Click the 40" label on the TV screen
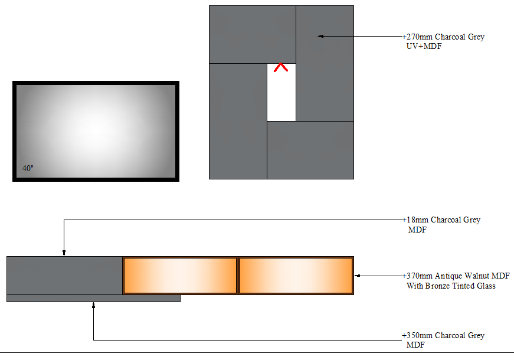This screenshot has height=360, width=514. pos(28,168)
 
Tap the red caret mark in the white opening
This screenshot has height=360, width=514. pos(281,67)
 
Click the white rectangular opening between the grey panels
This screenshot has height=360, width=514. pos(281,92)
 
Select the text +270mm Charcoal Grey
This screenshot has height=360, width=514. pos(444,37)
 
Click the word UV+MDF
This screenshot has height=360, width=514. pos(424,46)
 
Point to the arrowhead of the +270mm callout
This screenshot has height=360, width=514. pos(320,37)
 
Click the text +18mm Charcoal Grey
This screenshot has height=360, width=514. pos(441,220)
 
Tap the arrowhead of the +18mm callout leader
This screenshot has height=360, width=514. pos(64,253)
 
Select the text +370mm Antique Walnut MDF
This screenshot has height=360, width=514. pos(456,276)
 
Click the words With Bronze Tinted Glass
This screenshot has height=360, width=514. pos(451,286)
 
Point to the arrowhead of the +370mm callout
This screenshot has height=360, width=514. pos(358,276)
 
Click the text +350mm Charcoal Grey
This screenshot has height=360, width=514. pos(443,335)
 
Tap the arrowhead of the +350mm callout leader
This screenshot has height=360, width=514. pos(93,305)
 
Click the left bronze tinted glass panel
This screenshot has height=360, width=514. pos(181,276)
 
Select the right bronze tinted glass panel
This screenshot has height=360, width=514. pos(296,276)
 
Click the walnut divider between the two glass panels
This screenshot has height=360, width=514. pos(238,276)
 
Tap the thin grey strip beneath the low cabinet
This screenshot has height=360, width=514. pos(93,299)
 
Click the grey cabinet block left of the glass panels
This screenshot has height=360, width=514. pos(64,276)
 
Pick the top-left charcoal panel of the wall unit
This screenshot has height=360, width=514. pos(253,34)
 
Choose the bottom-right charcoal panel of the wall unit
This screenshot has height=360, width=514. pos(310,150)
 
